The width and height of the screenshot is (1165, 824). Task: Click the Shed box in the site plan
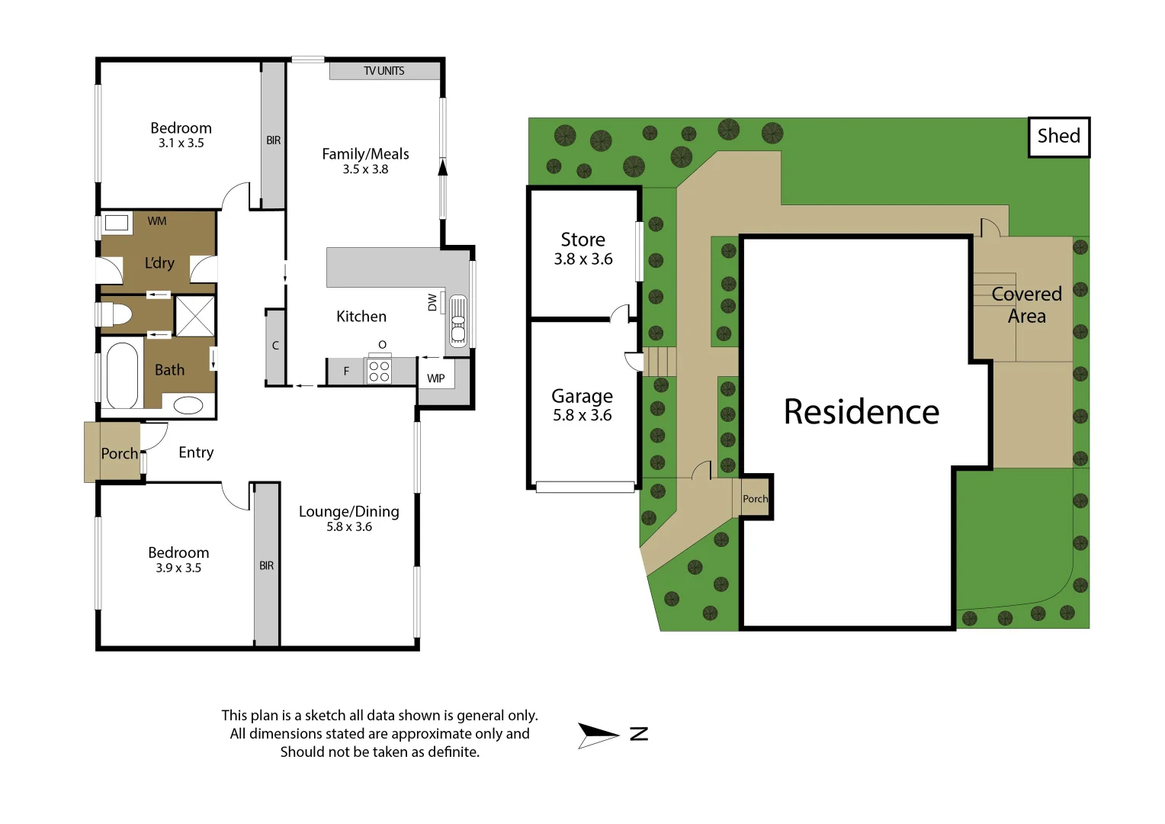[1058, 137]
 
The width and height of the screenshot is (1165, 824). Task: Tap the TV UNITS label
[384, 71]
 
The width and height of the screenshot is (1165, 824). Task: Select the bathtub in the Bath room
[122, 375]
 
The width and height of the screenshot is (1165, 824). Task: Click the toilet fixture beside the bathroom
[115, 314]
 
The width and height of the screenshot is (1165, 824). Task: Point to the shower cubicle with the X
[195, 315]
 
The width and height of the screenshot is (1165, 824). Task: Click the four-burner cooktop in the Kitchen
[379, 372]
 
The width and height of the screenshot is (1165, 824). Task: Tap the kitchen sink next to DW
[457, 321]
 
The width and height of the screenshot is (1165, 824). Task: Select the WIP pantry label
[435, 378]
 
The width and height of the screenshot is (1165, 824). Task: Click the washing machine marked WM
[117, 223]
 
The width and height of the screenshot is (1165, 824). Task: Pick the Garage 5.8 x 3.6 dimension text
[582, 415]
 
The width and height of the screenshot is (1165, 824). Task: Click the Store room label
[582, 240]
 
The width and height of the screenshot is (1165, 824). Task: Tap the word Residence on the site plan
[861, 412]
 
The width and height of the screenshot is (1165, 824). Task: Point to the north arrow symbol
[597, 735]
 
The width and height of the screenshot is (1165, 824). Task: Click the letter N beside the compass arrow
[639, 734]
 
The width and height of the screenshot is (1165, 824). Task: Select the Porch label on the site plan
[755, 499]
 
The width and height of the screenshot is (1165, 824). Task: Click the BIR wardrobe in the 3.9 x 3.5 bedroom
[266, 565]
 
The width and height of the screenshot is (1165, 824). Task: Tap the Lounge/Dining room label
[348, 511]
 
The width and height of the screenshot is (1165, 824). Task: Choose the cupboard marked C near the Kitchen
[275, 346]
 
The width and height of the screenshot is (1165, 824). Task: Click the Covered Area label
[1026, 304]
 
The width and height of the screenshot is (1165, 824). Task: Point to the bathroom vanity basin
[188, 404]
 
